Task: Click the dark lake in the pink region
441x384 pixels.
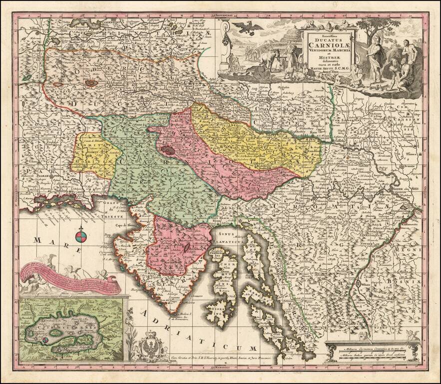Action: pyautogui.click(x=168, y=148)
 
